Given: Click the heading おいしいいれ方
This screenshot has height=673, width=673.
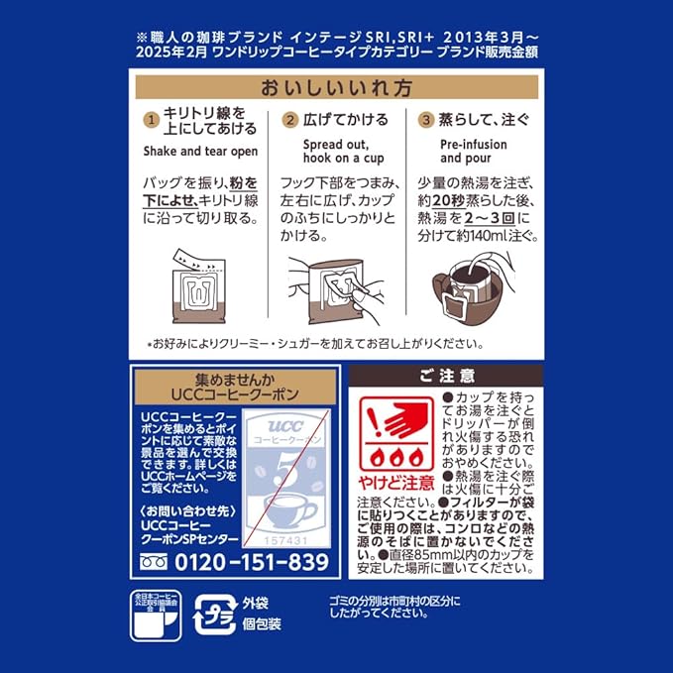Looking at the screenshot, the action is tap(337, 87).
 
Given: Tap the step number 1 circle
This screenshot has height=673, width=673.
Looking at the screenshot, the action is tap(151, 120).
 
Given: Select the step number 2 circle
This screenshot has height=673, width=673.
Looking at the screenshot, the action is tap(290, 120).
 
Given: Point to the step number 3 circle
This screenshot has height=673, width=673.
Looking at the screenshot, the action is tap(426, 120).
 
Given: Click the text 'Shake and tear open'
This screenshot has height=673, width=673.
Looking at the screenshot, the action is tap(200, 152).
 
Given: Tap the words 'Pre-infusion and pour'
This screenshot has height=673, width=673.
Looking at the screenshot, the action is tap(474, 151).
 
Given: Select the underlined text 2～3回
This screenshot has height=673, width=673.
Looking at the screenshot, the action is tap(490, 218).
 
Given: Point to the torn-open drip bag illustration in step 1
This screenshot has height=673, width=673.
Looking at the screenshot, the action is tap(198, 285).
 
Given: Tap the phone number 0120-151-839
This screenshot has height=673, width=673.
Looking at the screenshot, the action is tap(252, 562).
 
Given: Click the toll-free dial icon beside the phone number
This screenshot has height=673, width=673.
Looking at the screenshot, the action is tap(154, 561).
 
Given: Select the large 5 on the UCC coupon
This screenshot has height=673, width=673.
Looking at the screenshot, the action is tap(286, 470).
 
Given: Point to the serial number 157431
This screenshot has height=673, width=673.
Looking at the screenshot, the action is tap(285, 541).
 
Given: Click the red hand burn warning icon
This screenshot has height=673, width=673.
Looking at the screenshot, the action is tap(396, 433).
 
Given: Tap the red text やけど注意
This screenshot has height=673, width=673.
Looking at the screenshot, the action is tap(396, 483).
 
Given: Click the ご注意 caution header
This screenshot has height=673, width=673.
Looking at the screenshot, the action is tap(446, 377).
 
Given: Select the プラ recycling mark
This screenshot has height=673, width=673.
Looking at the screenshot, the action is tap(215, 615).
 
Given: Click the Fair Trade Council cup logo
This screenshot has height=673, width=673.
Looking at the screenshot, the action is tap(156, 616).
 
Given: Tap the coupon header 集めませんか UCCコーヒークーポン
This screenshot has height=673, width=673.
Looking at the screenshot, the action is tap(235, 388).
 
